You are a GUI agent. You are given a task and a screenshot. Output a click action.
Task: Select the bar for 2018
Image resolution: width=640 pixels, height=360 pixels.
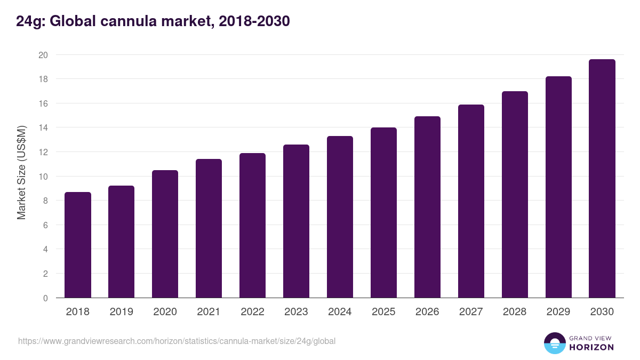coord(78,245)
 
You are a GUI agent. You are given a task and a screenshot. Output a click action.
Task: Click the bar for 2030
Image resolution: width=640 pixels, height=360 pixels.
coord(602,179)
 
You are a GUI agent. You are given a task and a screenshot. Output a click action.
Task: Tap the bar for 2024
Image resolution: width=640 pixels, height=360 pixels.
coord(340,217)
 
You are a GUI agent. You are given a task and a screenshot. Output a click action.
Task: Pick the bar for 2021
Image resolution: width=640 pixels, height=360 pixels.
coord(209,228)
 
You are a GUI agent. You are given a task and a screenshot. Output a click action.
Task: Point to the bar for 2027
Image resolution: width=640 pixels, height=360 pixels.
coord(471,201)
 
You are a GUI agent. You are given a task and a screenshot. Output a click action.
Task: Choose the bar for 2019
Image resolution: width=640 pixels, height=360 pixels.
coord(121,242)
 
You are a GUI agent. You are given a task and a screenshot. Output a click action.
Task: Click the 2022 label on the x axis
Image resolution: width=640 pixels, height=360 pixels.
coord(252,312)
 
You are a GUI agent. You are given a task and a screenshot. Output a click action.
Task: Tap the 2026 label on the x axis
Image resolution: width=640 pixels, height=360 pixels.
coord(427,312)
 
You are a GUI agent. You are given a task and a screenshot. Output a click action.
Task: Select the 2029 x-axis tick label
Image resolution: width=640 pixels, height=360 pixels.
coord(558,312)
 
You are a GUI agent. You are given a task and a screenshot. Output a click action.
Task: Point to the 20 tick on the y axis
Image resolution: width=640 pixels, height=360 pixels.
coord(43,55)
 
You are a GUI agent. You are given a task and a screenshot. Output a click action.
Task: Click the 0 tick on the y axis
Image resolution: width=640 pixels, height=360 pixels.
coord(45,298)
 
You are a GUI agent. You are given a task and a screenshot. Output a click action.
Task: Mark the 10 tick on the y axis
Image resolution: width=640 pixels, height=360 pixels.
coord(43,177)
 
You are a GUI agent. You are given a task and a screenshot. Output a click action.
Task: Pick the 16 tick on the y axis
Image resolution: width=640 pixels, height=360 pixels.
coord(43,103)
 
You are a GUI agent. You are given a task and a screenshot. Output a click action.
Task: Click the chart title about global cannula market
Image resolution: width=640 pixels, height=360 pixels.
coord(153,21)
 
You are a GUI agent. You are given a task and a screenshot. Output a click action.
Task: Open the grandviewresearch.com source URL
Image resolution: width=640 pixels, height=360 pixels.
coord(177,341)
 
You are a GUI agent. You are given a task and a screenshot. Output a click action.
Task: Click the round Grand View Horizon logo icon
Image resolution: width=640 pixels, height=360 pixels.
coord(554,343)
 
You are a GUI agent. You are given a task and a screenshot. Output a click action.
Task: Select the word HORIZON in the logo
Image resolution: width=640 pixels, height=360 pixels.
coord(591,347)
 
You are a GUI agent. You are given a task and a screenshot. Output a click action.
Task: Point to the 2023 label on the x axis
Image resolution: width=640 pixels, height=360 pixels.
coord(296,312)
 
